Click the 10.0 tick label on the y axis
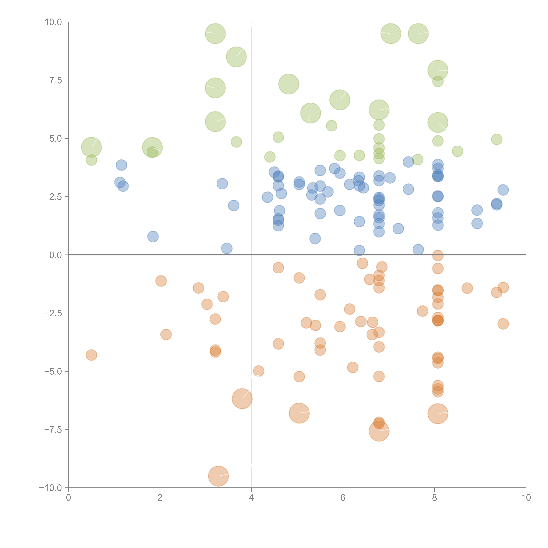(53, 22)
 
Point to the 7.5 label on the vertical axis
(56, 80)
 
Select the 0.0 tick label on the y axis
(56, 255)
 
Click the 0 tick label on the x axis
(68, 498)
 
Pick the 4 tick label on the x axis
(251, 498)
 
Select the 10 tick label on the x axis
(526, 498)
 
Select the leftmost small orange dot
(91, 355)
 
